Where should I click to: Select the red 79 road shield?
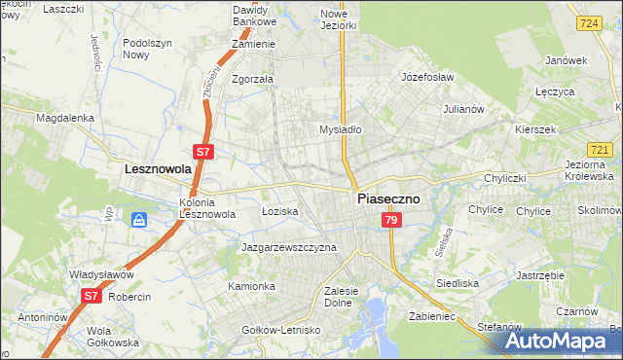coord(390,222)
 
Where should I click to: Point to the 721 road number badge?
coord(600,149)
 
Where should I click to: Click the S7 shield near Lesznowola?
coord(202,152)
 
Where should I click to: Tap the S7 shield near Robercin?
coord(91,295)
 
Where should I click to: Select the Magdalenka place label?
coord(64,118)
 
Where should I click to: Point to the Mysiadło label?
coord(341,128)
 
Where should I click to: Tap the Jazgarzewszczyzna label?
coord(289,247)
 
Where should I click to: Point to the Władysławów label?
coord(100,274)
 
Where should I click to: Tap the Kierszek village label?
coord(537,129)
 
